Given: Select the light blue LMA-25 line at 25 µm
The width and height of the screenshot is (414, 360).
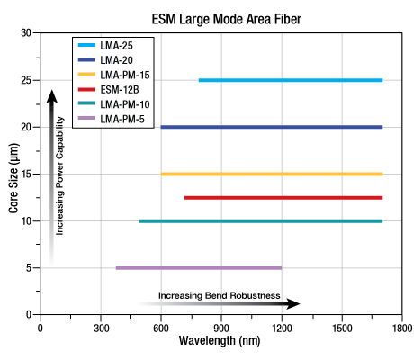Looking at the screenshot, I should pos(290,80).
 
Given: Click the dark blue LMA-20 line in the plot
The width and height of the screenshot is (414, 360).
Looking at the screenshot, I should pos(271,127).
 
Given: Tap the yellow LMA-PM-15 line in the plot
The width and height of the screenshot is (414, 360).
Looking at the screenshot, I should pos(271,174).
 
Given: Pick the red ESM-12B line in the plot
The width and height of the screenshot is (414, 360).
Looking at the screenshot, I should pos(283,197).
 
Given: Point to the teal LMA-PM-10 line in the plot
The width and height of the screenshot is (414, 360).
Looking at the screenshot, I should pos(260,220).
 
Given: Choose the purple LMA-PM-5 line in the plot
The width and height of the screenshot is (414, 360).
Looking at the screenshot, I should pos(198,267).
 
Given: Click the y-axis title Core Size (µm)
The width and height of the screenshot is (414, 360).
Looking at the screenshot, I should pos(14,174).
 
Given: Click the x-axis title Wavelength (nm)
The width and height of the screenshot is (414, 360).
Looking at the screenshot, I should pos(220,342).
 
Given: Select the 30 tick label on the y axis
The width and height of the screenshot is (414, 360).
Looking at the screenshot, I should pos(25,33).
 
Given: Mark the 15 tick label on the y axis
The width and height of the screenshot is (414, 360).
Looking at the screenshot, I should pos(25,174).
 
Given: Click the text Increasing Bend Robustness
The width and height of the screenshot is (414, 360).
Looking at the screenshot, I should pos(220,295).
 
